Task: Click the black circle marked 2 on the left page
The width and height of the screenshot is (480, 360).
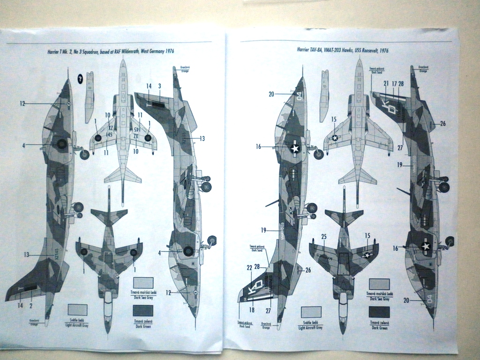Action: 80,79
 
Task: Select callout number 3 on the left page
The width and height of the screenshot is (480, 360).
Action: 159,86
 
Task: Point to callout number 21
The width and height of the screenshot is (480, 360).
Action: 385,83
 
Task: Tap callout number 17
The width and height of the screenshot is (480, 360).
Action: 394,83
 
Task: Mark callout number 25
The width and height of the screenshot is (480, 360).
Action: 323,236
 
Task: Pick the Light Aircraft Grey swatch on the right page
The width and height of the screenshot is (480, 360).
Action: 311,312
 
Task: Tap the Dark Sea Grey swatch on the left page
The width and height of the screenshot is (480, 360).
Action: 143,282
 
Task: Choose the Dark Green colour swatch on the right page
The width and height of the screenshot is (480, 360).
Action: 379,312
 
